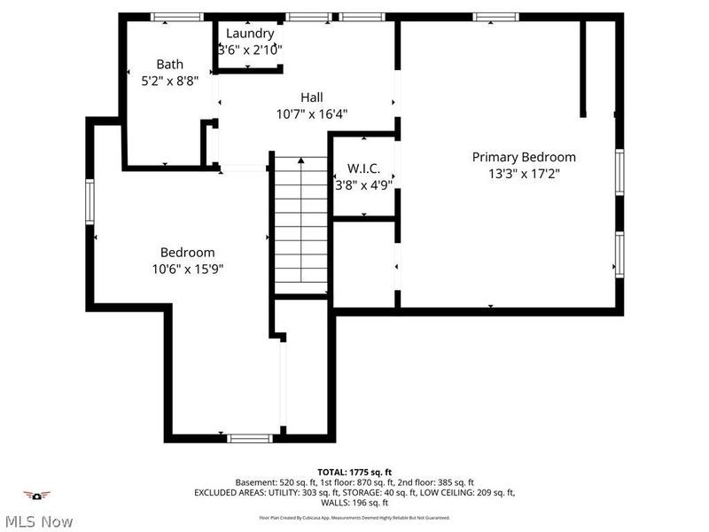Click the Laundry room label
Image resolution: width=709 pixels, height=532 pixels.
coord(250,34)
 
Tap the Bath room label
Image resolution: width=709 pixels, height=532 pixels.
coord(170,64)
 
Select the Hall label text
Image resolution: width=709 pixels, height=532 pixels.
coord(311,98)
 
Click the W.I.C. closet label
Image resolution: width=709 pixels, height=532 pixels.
coord(363,168)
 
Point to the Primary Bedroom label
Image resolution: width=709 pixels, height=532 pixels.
coord(523,157)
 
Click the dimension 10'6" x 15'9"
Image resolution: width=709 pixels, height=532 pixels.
coord(187,270)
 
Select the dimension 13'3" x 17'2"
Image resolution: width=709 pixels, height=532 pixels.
coord(523,175)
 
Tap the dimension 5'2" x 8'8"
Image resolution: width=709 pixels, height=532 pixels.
coord(170,80)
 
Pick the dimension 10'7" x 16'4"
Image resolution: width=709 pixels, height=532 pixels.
coord(311,113)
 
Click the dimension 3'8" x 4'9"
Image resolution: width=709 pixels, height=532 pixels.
coord(363,186)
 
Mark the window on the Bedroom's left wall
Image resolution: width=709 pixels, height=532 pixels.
coord(90,201)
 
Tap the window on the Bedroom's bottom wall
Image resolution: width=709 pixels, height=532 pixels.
coord(250,437)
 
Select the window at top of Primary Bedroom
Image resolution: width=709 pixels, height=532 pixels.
coord(496,17)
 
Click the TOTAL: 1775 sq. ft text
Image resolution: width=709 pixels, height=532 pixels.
coord(354,471)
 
